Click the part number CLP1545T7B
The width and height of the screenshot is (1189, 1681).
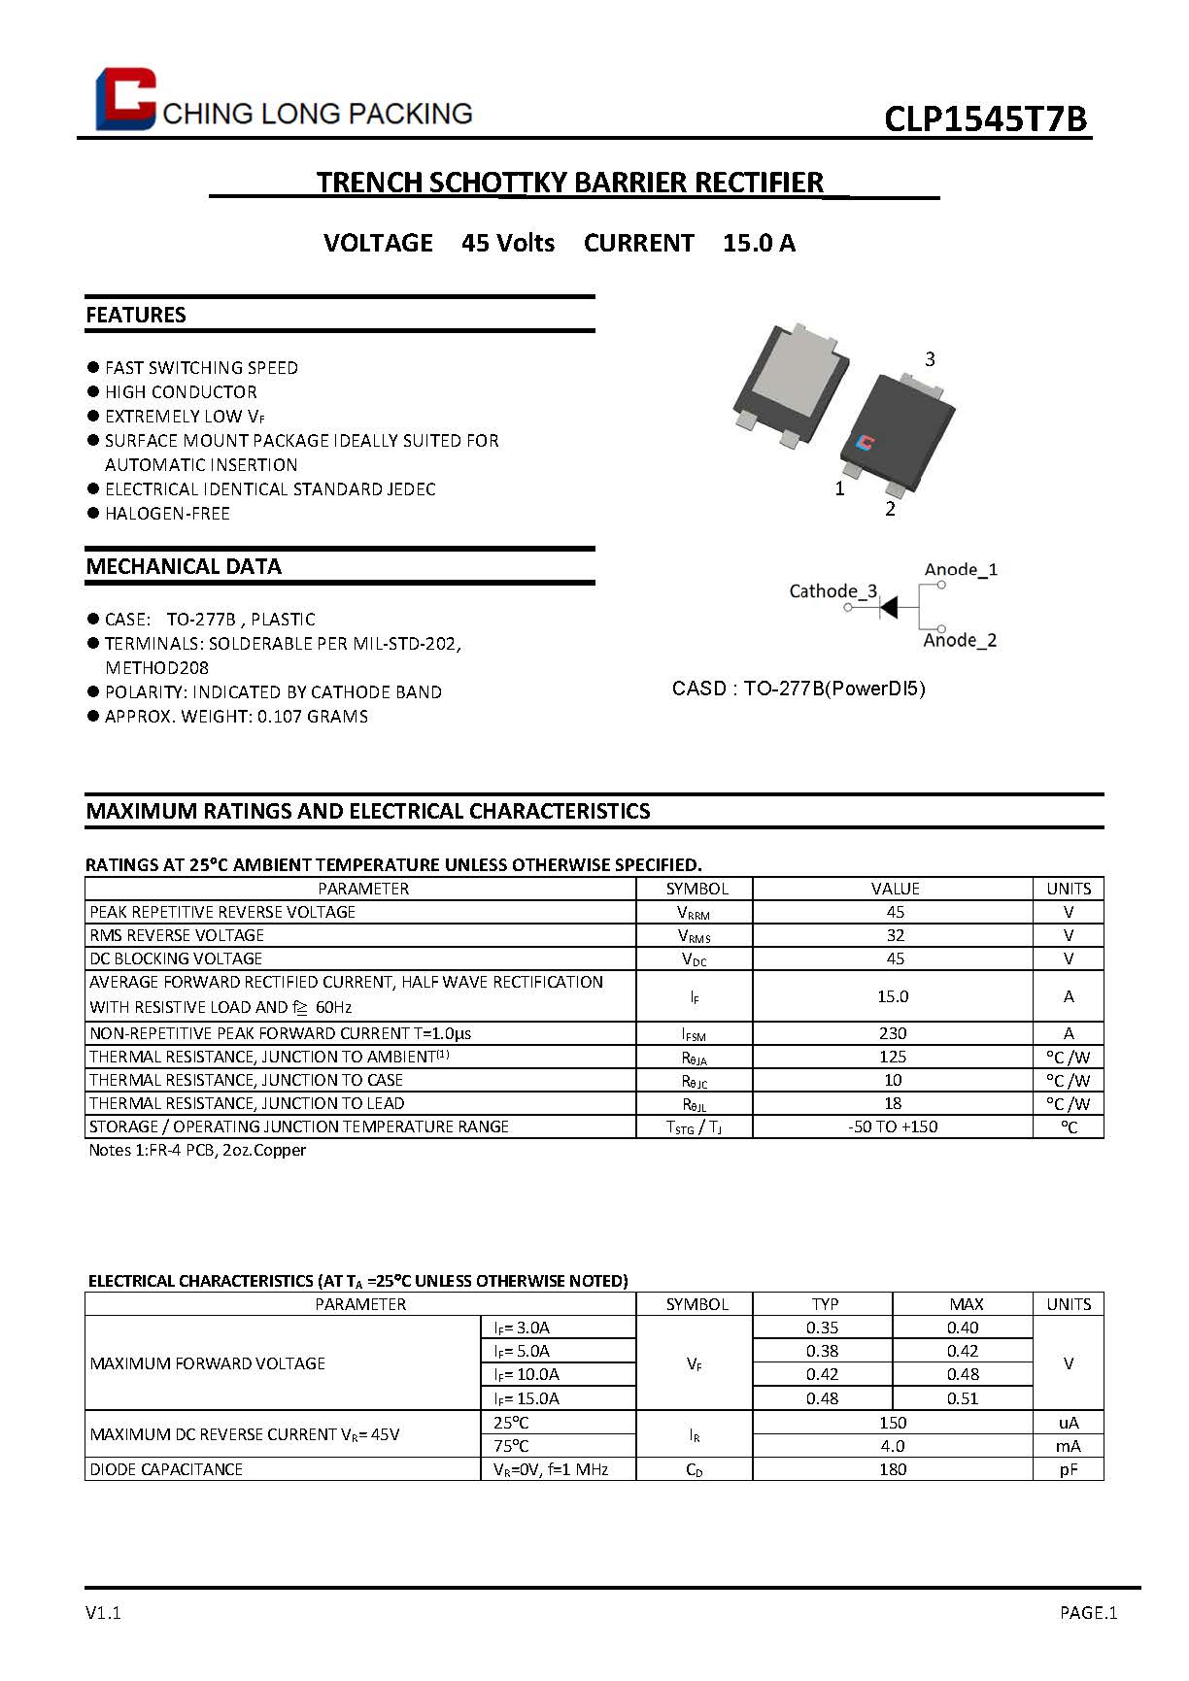[985, 118]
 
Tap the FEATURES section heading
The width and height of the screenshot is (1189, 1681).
[136, 315]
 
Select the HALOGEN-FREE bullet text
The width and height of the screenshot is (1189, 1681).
[167, 514]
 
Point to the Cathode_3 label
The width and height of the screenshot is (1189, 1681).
[832, 591]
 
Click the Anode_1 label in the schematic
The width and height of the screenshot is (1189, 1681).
[961, 570]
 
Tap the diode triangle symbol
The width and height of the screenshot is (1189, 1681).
[888, 607]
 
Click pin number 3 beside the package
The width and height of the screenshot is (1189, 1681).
[930, 359]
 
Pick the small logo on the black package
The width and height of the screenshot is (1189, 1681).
[865, 443]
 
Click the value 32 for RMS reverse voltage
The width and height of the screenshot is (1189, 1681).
[895, 935]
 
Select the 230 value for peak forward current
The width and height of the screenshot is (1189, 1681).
[893, 1033]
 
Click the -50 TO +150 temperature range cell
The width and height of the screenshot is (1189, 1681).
[893, 1126]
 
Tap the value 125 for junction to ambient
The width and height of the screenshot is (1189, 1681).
[893, 1057]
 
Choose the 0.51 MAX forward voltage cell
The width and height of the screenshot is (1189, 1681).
[963, 1398]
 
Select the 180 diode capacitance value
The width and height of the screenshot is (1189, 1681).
[893, 1469]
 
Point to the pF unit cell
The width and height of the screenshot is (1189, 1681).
[1069, 1469]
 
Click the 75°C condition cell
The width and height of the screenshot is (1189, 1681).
[511, 1446]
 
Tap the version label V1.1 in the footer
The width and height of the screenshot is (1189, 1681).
[103, 1613]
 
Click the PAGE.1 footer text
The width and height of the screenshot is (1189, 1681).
[1088, 1613]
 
